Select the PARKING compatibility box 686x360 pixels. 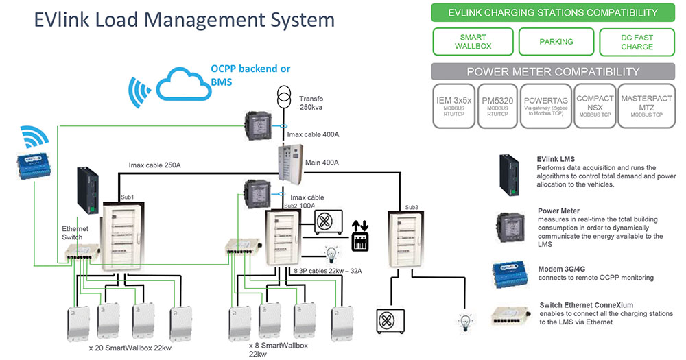[556, 42]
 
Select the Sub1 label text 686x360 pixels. [128, 197]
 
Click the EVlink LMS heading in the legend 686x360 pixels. [558, 159]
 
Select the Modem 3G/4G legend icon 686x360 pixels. [511, 269]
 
